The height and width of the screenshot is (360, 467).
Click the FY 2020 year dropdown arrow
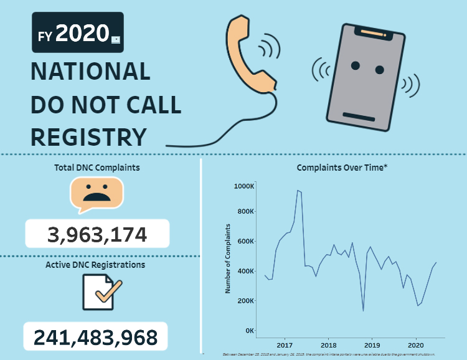[116, 40]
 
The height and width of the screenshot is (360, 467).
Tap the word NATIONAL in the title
[90, 72]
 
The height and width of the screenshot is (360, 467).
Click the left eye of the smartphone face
[355, 65]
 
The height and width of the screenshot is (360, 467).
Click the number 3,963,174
[97, 235]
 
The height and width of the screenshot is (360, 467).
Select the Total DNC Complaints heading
[97, 167]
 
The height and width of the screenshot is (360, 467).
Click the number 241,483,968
[95, 337]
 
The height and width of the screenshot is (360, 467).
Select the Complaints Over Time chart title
[342, 168]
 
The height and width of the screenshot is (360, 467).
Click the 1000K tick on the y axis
[243, 186]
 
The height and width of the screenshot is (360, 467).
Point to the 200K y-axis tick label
[245, 301]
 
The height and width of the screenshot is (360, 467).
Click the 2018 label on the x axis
[328, 344]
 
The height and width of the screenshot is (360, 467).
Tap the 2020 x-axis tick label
[416, 344]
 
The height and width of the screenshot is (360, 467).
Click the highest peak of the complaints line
[298, 191]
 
